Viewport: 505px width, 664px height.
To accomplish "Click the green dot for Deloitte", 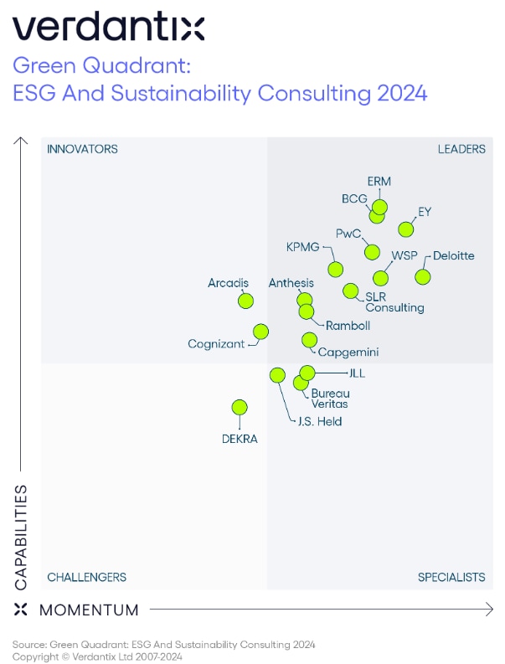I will [x=423, y=276].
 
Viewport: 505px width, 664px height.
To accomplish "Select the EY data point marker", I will [x=406, y=229].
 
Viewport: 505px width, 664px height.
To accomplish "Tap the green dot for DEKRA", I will [x=240, y=407].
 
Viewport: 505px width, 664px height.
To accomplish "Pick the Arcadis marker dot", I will [x=245, y=301].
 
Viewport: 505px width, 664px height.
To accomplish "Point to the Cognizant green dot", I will [x=260, y=332].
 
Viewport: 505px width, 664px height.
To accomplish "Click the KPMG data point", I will [x=335, y=269].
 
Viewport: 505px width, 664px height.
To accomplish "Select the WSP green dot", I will [x=381, y=278].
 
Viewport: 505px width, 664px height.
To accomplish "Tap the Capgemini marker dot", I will [x=309, y=339].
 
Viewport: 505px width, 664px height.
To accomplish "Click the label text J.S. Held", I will [x=320, y=421].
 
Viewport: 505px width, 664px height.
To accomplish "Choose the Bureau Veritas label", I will [x=330, y=399].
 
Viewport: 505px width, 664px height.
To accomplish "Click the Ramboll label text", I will [x=348, y=325].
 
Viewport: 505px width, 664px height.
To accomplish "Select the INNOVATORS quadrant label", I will [x=82, y=149].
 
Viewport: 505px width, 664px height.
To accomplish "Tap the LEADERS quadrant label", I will [x=461, y=149].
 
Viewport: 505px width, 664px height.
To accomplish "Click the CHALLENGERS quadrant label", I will [x=86, y=577].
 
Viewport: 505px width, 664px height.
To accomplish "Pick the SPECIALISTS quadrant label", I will [x=451, y=577].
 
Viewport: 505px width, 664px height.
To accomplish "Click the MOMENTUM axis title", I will [x=89, y=610].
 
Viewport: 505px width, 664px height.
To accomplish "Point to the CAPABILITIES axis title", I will [x=21, y=537].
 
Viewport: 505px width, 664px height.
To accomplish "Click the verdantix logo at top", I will [x=108, y=28].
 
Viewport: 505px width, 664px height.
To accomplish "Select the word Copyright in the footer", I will [x=36, y=656].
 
